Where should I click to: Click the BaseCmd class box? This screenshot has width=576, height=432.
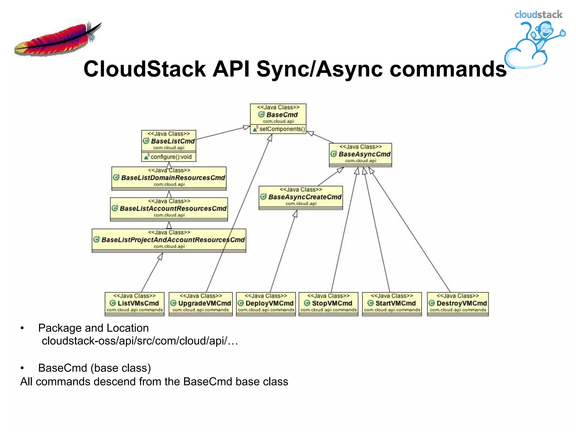[278, 115]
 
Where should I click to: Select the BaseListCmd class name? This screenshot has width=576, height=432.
[173, 141]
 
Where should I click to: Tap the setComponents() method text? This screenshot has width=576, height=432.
[282, 129]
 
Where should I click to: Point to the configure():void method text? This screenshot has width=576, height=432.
[171, 157]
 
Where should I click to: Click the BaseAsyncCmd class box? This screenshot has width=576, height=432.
[360, 154]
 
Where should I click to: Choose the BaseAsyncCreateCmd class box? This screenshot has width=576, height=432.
[301, 197]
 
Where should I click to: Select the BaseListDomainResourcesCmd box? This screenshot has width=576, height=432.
[169, 178]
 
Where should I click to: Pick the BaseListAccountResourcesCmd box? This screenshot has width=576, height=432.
[169, 209]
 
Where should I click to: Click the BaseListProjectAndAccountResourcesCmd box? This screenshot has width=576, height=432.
[169, 240]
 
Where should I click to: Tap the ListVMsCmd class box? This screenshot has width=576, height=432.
[134, 304]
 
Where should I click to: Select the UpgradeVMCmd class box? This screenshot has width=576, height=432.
[201, 304]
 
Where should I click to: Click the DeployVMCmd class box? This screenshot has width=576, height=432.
[266, 304]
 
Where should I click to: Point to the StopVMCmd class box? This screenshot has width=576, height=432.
[328, 304]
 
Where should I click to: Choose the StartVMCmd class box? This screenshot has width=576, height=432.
[392, 304]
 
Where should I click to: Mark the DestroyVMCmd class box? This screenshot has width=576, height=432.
[458, 304]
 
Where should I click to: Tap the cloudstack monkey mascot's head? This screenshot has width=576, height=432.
[545, 30]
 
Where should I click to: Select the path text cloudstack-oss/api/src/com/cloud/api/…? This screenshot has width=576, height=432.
[140, 341]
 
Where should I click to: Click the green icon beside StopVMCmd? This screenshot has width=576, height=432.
[307, 303]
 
